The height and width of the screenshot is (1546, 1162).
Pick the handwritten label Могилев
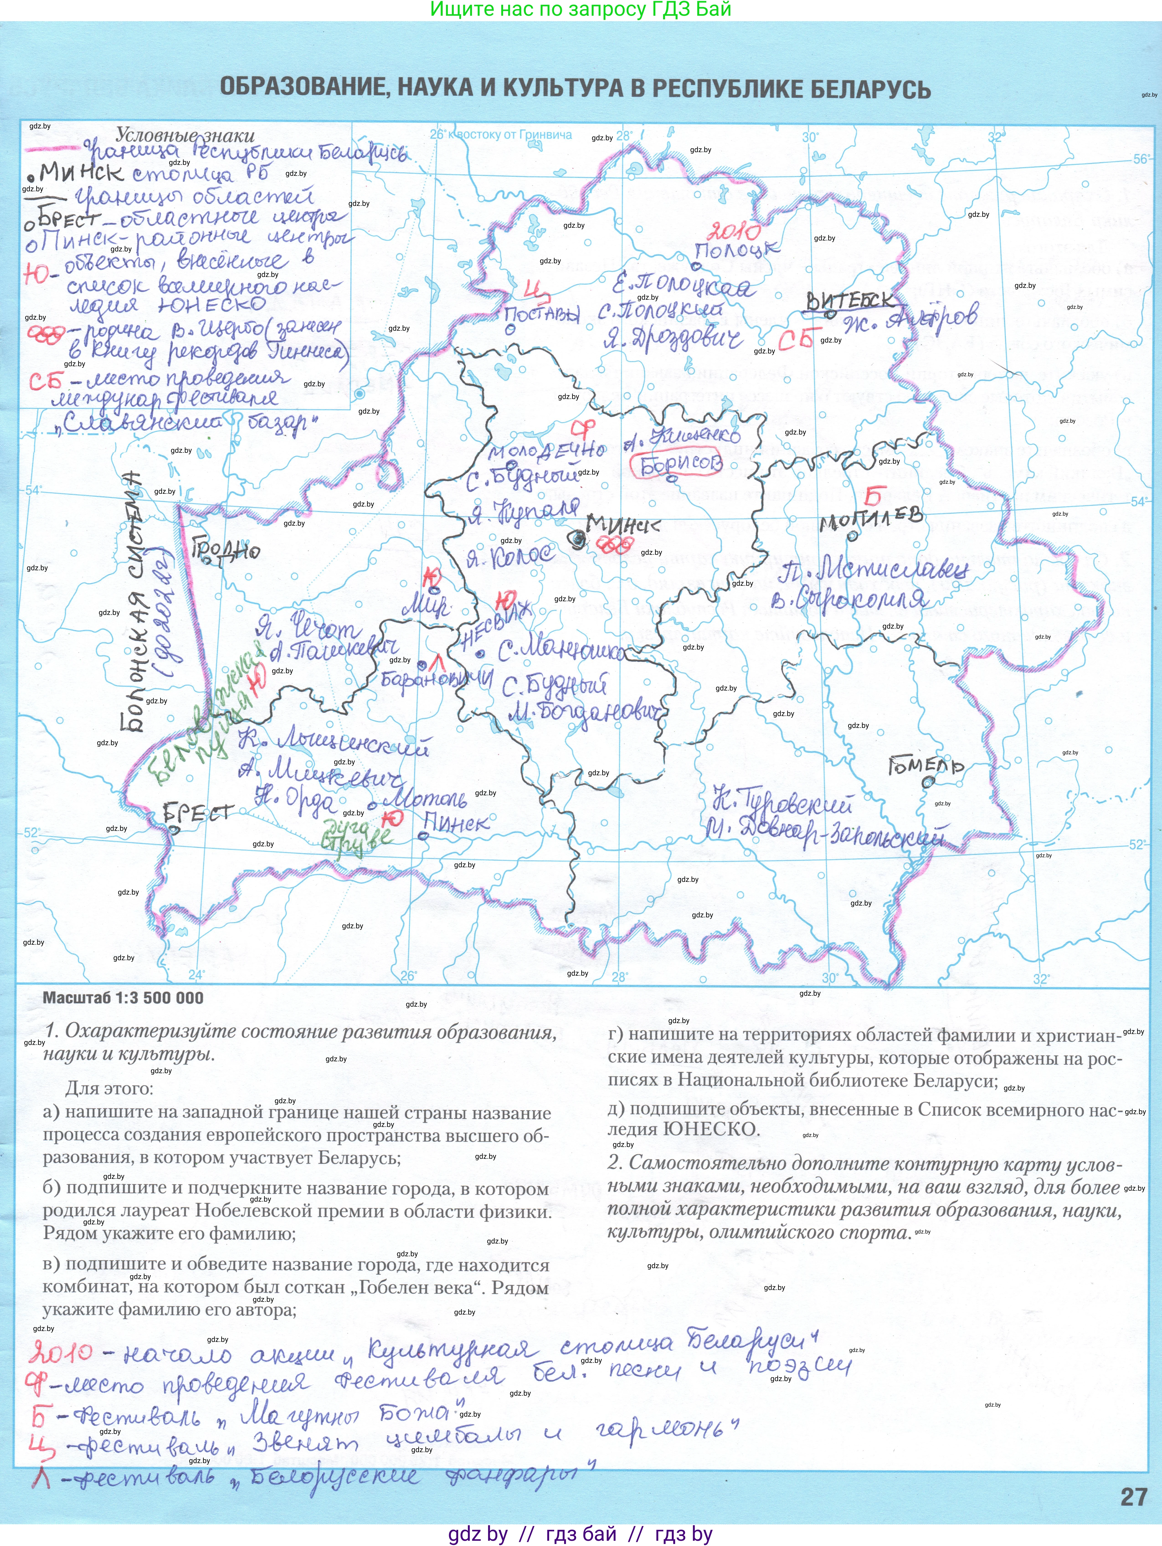pos(870,519)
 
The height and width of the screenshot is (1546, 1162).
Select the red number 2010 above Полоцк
pos(734,231)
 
